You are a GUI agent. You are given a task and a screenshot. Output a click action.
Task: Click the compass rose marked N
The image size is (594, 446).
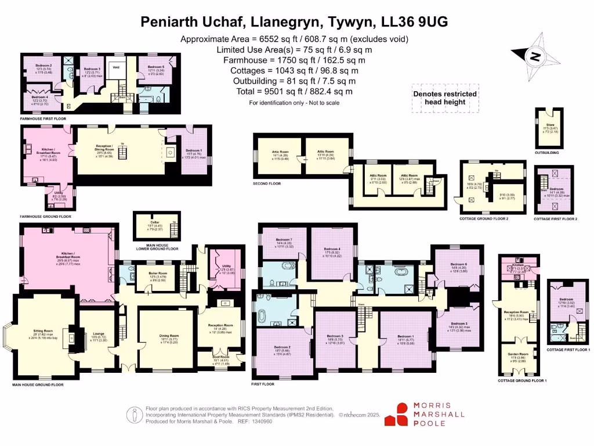point(534,56)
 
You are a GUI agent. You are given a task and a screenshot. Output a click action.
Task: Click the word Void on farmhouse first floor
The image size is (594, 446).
point(116,66)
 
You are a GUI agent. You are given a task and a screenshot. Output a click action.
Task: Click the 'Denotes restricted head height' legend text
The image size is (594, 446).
point(445,98)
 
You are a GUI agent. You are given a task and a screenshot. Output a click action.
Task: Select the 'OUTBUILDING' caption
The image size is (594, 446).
point(546,153)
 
